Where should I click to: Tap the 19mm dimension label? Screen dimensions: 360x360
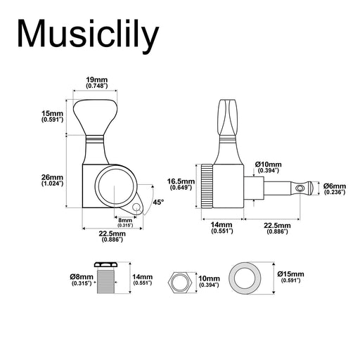96,79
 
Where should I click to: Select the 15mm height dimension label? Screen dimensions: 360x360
52,114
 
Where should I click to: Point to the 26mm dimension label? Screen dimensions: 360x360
52,177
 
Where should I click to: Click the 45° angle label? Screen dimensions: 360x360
158,202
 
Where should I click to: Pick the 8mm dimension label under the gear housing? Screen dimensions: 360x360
125,220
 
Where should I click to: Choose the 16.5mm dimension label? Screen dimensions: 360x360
181,181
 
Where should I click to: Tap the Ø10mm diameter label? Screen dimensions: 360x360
269,165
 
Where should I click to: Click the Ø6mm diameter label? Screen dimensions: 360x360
335,186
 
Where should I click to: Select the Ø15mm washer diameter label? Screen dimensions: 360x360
290,274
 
